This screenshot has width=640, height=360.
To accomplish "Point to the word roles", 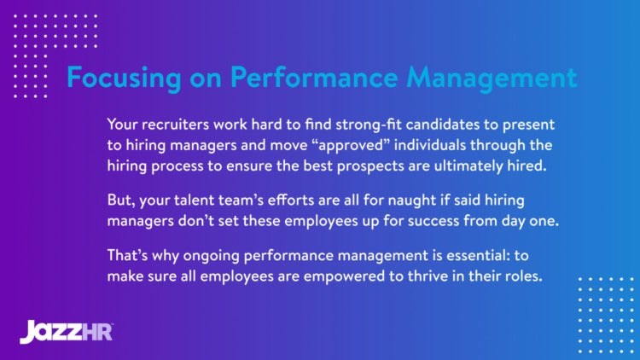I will tap(521, 277).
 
